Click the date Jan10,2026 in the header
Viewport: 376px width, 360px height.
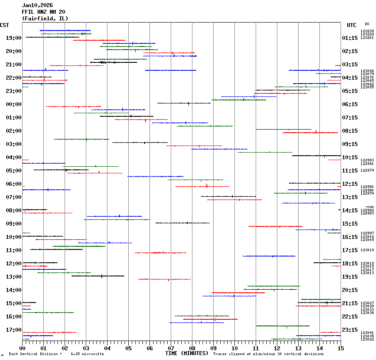tap(37, 5)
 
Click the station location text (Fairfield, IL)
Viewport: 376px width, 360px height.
tap(45, 18)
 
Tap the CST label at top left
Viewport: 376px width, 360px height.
tap(4, 25)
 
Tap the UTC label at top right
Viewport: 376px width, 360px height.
tap(352, 25)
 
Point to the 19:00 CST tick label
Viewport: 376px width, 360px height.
tap(14, 38)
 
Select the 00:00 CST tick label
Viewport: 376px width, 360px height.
tap(14, 104)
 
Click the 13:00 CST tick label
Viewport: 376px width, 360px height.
tap(14, 277)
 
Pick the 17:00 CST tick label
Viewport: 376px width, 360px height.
tap(14, 330)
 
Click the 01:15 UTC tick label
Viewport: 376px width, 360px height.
tap(350, 38)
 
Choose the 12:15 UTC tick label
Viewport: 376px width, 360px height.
tap(350, 184)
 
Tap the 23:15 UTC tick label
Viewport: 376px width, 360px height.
tap(350, 330)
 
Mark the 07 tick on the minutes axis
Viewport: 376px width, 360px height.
tap(171, 349)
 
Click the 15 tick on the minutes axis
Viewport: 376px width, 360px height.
tap(341, 349)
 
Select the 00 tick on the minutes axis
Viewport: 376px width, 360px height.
tap(22, 349)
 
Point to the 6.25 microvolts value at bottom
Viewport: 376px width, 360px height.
tap(87, 354)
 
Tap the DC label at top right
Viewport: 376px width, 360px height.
tap(367, 24)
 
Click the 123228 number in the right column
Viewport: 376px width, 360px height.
tap(367, 31)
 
